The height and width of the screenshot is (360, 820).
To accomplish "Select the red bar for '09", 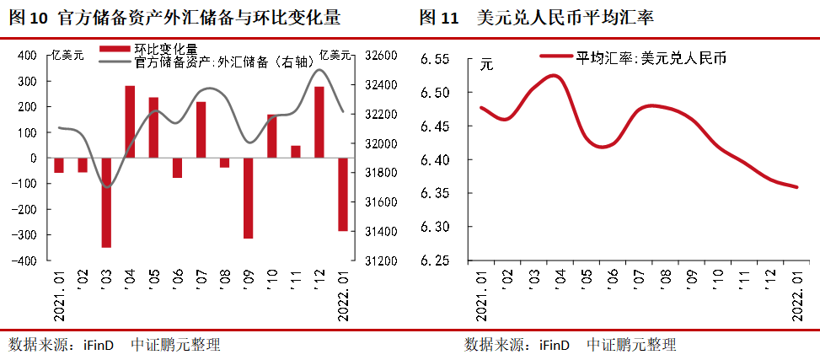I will pos(249,198).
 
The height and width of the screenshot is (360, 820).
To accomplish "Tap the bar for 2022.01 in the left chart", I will pos(343,194).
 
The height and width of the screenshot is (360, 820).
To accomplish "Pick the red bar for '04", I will pos(130,121).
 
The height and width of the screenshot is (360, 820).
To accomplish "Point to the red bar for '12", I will pos(319,122).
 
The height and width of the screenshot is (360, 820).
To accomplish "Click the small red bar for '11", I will pos(296,152).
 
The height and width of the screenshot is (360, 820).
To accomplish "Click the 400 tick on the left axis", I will pos(27,56).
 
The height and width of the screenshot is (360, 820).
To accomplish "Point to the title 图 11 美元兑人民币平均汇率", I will pos(560,17).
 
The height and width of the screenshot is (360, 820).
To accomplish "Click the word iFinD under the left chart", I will pos(101,344).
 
